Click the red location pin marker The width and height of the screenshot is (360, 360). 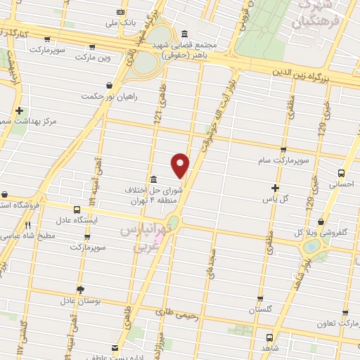181,165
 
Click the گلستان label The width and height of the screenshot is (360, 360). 261,309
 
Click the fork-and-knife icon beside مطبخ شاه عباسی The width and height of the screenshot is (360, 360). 28,226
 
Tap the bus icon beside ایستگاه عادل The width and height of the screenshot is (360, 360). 76,209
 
